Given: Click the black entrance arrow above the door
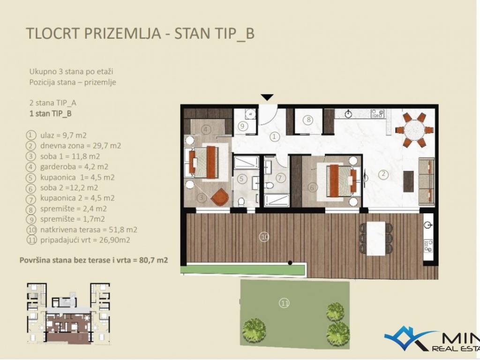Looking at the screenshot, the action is click(x=267, y=97).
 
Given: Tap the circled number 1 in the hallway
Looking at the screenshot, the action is click(x=274, y=136).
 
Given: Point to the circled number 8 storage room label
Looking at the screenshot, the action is click(x=308, y=120).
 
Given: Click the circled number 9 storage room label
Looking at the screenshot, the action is click(x=242, y=126).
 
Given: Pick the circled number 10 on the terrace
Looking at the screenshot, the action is click(x=264, y=237).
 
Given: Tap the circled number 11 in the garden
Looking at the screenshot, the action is click(x=285, y=303).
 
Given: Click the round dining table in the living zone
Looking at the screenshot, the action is click(x=415, y=130).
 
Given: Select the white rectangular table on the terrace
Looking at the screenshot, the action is click(x=376, y=238).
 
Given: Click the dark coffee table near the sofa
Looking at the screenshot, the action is click(x=409, y=181).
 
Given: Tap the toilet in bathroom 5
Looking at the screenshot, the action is click(x=241, y=202).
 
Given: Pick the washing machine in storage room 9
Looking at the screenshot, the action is click(x=250, y=113).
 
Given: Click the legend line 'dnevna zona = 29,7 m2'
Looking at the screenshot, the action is click(x=81, y=145).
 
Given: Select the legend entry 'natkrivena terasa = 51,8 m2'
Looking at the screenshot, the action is click(x=89, y=229).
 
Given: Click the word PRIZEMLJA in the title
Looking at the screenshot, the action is click(x=122, y=33).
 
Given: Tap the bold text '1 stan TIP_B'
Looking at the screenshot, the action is click(x=51, y=113).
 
